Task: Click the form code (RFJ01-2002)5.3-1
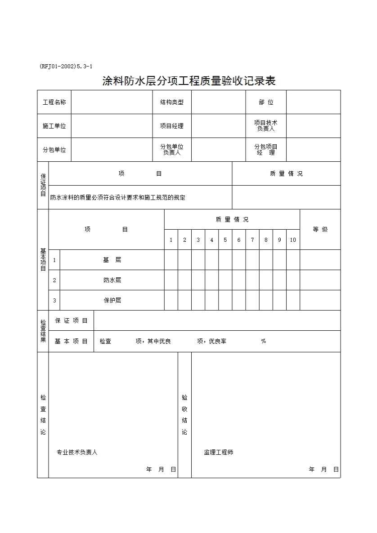(x=66, y=67)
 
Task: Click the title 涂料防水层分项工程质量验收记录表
(x=188, y=81)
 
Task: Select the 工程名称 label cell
(x=54, y=102)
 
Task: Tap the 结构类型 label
(x=171, y=102)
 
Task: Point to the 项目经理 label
(x=171, y=126)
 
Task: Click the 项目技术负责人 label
(x=265, y=126)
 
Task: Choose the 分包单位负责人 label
(x=171, y=150)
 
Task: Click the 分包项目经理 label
(x=265, y=150)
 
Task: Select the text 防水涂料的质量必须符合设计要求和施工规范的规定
(x=118, y=198)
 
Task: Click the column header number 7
(x=252, y=240)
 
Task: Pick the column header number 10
(x=293, y=240)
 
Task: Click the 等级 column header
(x=320, y=230)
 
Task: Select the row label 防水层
(x=112, y=280)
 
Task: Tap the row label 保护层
(x=112, y=300)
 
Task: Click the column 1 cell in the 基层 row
(x=171, y=260)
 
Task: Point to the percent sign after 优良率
(x=264, y=341)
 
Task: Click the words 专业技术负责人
(x=77, y=453)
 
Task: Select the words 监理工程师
(x=219, y=453)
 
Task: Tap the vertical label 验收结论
(x=184, y=415)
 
